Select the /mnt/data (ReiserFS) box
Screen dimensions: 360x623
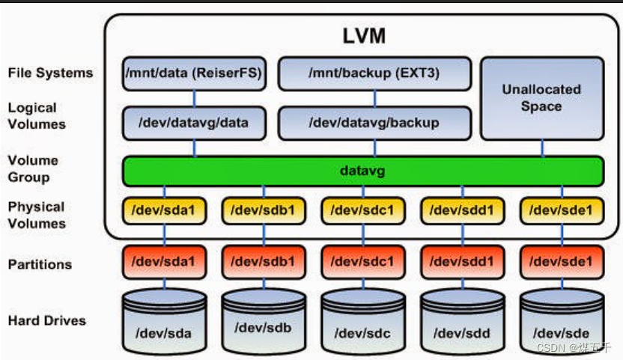(x=195, y=74)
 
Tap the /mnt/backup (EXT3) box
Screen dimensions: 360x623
(x=374, y=74)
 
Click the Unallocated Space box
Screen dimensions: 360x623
(x=541, y=98)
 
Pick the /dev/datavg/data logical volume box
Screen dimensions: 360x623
(x=195, y=123)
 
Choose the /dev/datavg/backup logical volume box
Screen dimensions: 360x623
(x=374, y=123)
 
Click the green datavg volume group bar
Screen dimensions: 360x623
(x=363, y=171)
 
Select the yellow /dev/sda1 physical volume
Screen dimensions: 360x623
(x=164, y=211)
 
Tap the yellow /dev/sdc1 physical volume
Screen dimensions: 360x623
(x=363, y=211)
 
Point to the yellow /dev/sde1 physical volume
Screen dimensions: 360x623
(x=562, y=211)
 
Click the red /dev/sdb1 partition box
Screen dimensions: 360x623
(x=264, y=262)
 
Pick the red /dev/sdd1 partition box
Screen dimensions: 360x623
(x=462, y=262)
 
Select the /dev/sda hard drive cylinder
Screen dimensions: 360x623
(x=164, y=323)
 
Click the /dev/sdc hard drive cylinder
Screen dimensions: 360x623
(x=363, y=323)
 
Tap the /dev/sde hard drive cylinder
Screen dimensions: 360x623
(x=562, y=323)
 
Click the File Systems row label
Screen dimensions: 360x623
(x=50, y=73)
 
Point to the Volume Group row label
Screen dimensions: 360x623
(x=33, y=169)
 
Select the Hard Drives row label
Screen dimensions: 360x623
(x=46, y=320)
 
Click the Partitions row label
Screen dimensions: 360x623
(x=40, y=264)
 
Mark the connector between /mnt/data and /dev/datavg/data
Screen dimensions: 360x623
(x=195, y=99)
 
